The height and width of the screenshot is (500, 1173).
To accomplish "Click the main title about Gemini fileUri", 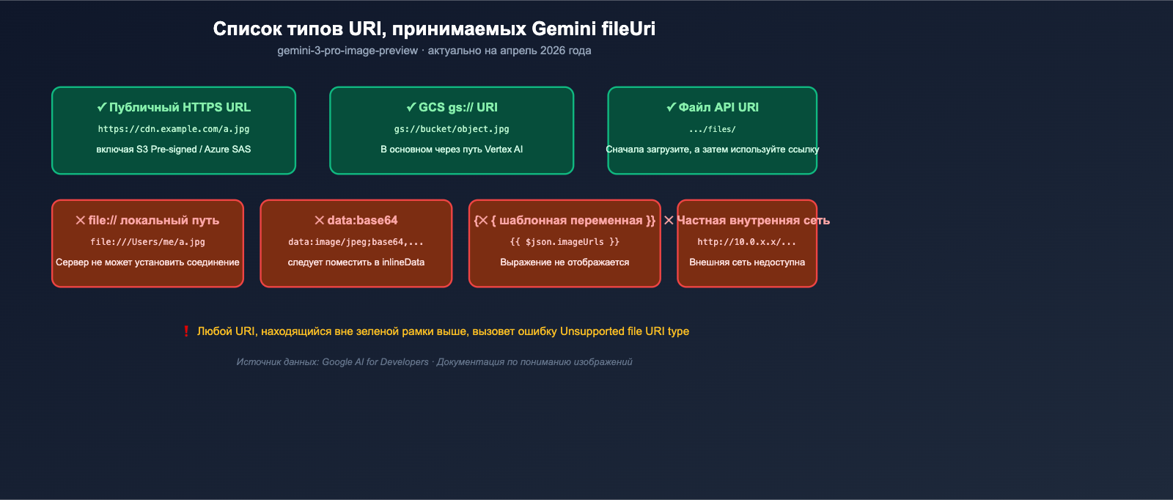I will tap(434, 29).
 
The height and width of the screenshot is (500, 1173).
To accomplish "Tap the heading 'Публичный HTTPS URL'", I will tap(174, 107).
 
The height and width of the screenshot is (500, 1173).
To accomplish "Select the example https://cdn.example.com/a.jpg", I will tap(174, 129).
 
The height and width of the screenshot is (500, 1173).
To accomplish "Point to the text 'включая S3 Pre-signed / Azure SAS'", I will tap(174, 150).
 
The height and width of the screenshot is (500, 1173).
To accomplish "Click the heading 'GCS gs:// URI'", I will tap(452, 107).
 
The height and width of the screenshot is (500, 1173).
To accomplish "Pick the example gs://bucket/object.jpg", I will tap(452, 129).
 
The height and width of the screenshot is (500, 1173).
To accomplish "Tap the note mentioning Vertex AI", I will tap(452, 150).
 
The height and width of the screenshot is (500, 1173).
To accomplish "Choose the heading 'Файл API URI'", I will tap(713, 107).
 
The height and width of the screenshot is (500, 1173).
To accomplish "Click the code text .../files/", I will tap(713, 130).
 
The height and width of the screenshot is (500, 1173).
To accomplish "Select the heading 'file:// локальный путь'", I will tap(147, 220).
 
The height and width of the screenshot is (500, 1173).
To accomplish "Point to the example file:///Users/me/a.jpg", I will tap(147, 242).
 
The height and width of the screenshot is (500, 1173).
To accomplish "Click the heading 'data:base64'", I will tap(356, 220).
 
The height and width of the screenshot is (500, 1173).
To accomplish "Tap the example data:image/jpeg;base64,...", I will tap(356, 242).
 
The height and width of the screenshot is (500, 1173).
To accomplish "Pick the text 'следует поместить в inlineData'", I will tap(356, 262).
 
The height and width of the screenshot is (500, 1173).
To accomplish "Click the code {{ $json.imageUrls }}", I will tap(565, 242).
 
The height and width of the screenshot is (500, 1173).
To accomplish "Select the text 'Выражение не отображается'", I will tap(565, 262).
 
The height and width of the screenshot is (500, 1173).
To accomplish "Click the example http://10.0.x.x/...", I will tap(747, 242).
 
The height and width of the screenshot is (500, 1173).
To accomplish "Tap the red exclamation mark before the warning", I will tap(186, 331).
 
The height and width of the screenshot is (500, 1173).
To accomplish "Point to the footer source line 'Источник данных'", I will tap(434, 362).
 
